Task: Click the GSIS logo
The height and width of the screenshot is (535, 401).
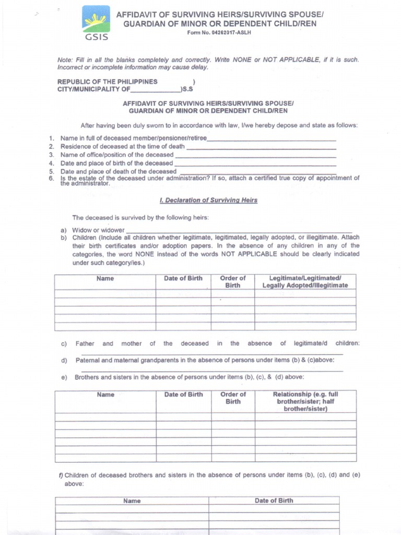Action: click(96, 22)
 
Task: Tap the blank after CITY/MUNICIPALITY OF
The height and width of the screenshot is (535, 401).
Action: click(155, 89)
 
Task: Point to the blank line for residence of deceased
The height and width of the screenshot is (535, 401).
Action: click(261, 147)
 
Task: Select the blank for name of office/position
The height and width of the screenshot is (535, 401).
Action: click(255, 155)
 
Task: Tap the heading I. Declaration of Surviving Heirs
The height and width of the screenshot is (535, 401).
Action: click(208, 200)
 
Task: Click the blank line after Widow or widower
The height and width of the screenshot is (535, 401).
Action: click(239, 230)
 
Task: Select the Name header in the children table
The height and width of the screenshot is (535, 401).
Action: click(105, 278)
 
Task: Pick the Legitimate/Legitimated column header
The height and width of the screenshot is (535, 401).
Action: click(305, 282)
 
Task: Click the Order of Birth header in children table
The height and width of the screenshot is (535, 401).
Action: click(232, 282)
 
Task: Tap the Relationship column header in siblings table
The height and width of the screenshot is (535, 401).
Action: click(305, 401)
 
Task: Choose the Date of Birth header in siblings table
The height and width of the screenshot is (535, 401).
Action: click(183, 394)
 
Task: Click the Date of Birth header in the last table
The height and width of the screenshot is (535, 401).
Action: click(274, 501)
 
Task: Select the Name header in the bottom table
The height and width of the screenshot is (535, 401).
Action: click(132, 501)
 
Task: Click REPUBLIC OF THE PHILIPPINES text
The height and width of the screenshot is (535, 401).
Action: click(107, 82)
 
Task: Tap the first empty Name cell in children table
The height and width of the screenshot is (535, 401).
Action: click(105, 293)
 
